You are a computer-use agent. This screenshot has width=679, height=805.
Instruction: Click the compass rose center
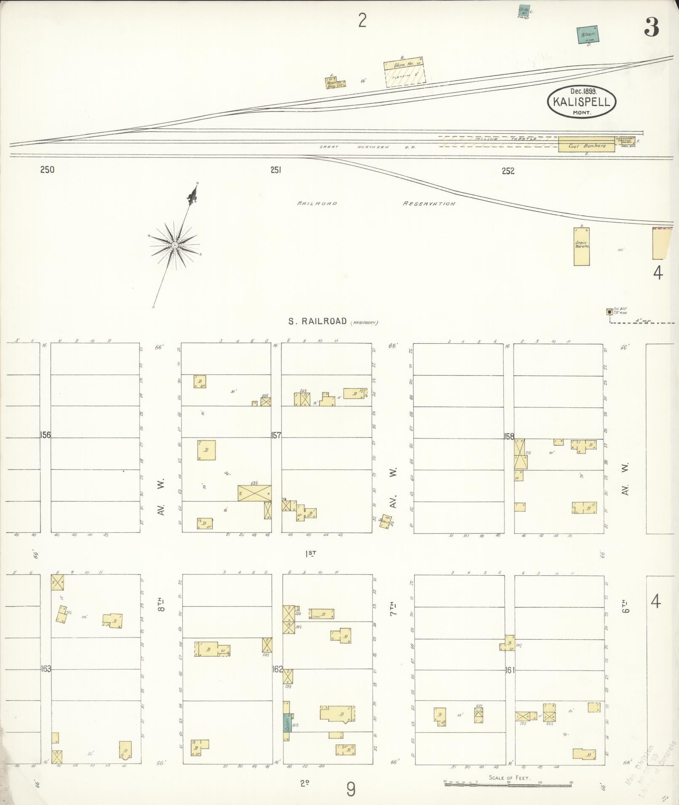point(174,244)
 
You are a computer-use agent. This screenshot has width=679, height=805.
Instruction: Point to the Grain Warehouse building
point(581,247)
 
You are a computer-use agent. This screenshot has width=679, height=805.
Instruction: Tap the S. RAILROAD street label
point(317,321)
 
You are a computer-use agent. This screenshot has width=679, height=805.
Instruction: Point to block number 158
point(509,436)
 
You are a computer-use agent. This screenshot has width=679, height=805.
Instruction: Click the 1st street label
point(311,554)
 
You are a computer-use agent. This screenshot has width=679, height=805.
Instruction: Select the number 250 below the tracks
point(47,170)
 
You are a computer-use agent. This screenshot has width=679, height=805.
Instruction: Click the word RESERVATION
point(429,204)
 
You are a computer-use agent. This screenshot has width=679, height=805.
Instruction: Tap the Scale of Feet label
point(509,778)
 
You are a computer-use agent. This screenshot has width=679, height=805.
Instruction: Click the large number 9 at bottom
point(351,789)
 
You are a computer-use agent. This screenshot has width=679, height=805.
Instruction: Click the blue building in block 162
point(287,723)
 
